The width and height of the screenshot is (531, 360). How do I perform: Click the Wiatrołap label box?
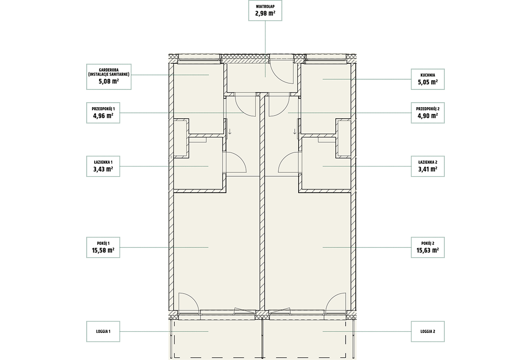click(265, 10)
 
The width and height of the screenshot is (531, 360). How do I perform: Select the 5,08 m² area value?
click(109, 81)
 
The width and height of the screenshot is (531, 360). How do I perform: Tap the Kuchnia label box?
click(427, 79)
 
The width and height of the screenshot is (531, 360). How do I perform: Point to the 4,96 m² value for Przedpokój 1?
click(103, 116)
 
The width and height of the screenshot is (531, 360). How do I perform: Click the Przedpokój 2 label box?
click(427, 112)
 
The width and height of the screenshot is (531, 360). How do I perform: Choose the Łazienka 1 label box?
click(103, 166)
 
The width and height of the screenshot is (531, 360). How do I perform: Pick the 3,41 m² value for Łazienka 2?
click(427, 169)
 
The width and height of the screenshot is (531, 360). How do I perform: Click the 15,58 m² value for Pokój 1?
click(103, 250)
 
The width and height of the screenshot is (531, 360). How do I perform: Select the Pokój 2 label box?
click(427, 248)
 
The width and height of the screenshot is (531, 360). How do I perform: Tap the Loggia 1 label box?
click(103, 331)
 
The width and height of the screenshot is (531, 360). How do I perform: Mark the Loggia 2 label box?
click(427, 331)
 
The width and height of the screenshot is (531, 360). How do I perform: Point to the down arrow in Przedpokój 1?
click(230, 132)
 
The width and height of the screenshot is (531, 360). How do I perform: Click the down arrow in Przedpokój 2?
click(295, 132)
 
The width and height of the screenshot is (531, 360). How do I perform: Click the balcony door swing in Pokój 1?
click(193, 298)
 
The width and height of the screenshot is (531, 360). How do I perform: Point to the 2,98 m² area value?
click(265, 13)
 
